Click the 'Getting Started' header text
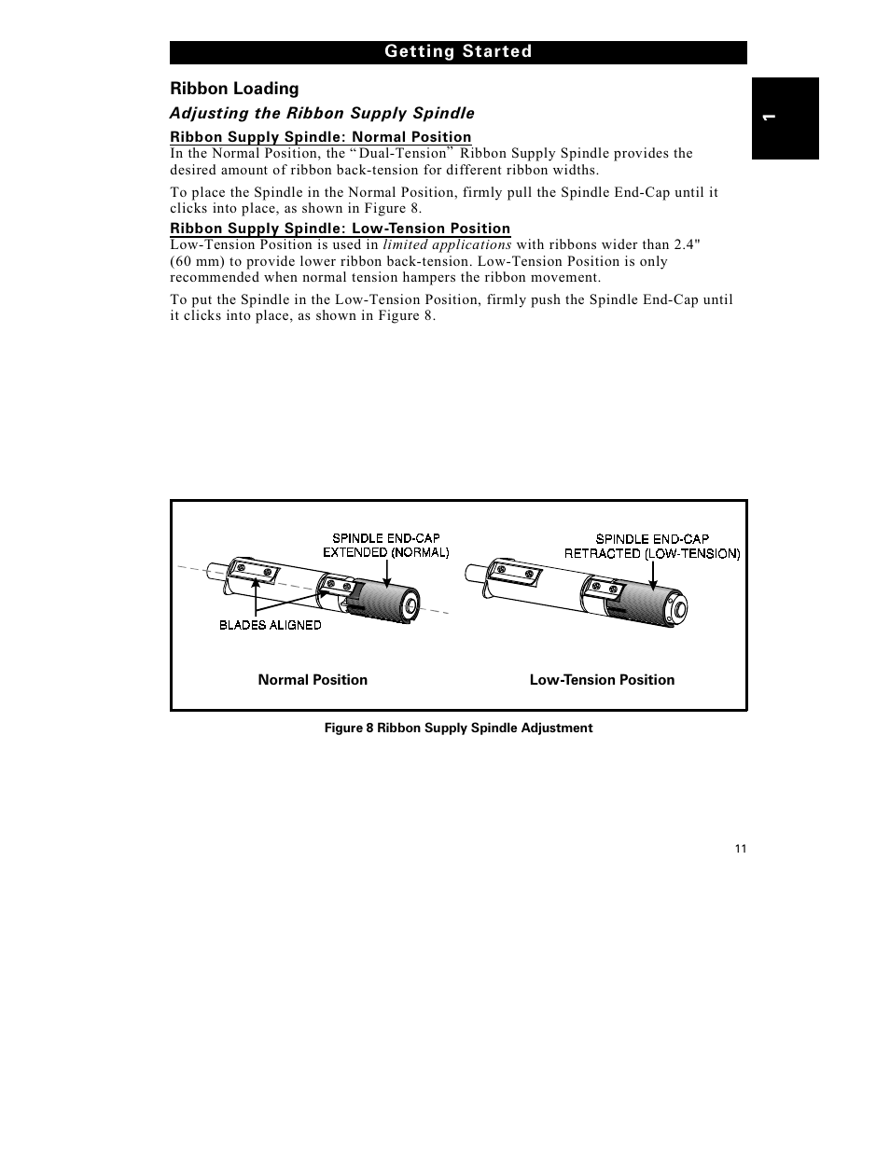pos(458,52)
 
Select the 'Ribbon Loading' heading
pos(234,89)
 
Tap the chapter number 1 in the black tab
pos(767,118)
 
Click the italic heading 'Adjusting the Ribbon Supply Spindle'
pos(321,113)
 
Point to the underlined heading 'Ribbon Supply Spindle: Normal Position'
pos(320,137)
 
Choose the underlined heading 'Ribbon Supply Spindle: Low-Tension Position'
pos(340,229)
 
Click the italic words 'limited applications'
pos(447,244)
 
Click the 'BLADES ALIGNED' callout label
pos(270,625)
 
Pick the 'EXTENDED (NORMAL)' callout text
pos(385,552)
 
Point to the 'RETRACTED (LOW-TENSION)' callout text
pos(651,553)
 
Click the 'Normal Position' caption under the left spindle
pos(313,680)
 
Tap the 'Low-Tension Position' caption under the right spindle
pos(602,680)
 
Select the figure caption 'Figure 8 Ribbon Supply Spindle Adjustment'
pos(458,728)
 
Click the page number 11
pos(740,848)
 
